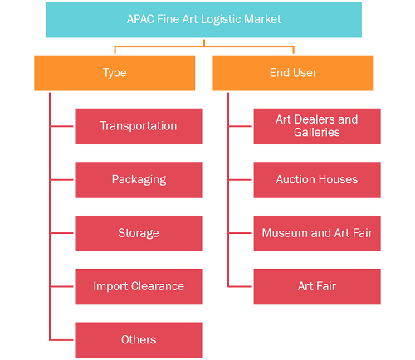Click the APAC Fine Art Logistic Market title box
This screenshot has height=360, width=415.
(x=204, y=20)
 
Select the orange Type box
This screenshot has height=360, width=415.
(x=115, y=73)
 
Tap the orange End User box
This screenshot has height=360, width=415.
(x=293, y=73)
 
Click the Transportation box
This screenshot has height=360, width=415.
(x=139, y=126)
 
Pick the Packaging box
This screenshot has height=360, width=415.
(x=139, y=180)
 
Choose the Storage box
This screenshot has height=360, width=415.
(x=139, y=233)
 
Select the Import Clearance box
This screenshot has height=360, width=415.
(x=139, y=287)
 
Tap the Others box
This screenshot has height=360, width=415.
(x=139, y=340)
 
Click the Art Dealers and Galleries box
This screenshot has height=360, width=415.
(x=317, y=126)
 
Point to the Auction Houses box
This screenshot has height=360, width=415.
(x=317, y=180)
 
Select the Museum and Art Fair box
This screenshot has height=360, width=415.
(x=317, y=233)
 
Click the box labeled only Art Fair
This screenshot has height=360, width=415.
(x=317, y=287)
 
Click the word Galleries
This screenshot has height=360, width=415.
(x=317, y=133)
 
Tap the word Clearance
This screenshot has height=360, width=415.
(x=158, y=286)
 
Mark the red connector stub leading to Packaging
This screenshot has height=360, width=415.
(x=62, y=180)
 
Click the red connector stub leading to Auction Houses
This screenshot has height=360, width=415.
(x=241, y=180)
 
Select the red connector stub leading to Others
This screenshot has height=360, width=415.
(x=62, y=340)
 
